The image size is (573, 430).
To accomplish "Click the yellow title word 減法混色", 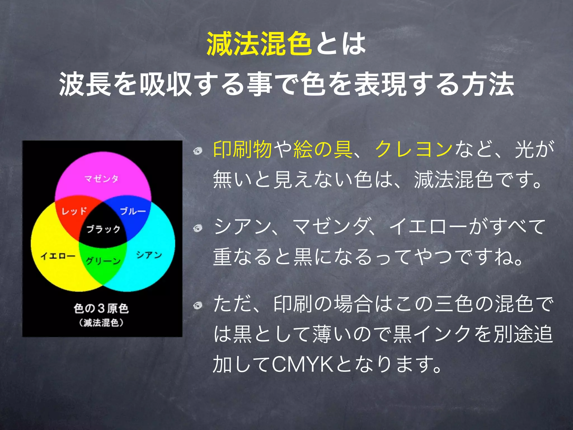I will tap(259, 44).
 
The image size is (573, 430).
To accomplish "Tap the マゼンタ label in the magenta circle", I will tap(102, 178).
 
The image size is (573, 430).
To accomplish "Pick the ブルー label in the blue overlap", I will tap(133, 211).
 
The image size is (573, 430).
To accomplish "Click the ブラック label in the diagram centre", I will tap(103, 229).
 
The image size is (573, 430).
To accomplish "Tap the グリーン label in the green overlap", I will tap(103, 261).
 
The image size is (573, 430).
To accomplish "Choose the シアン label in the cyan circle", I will tap(149, 255).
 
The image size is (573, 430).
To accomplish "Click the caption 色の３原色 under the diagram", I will tap(101, 308).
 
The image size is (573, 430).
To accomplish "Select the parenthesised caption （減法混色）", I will tap(101, 323).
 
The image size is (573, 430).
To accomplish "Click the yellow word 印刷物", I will tap(242, 149).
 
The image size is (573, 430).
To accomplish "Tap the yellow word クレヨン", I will tap(414, 149).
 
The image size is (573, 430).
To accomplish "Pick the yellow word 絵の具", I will tap(323, 149).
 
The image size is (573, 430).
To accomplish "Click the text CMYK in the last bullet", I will tap(302, 364).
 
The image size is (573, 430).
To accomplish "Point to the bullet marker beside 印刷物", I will tap(198, 151).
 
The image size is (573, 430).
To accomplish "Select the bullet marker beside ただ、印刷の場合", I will tap(198, 305).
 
